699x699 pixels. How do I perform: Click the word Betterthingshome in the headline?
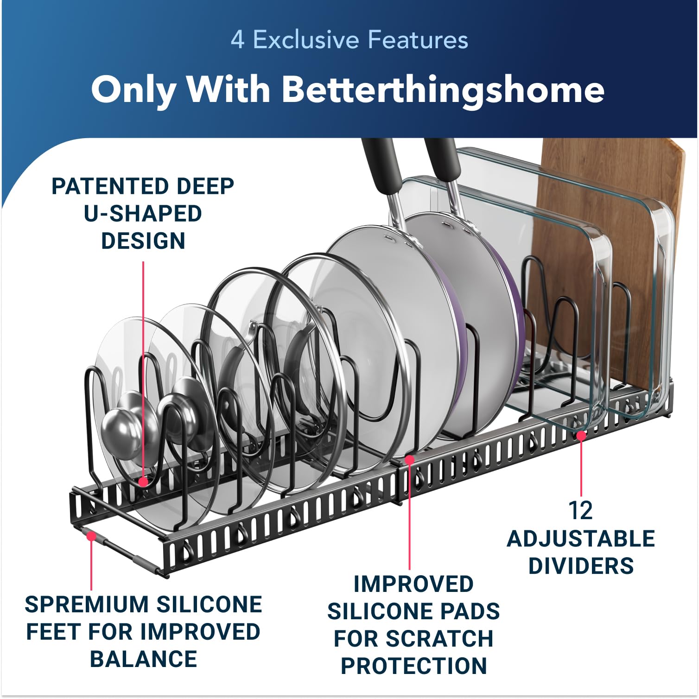pyautogui.click(x=443, y=89)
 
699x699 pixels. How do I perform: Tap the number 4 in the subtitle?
pyautogui.click(x=237, y=39)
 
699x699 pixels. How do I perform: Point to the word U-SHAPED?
pyautogui.click(x=143, y=214)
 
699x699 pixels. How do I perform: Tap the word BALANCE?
pyautogui.click(x=143, y=659)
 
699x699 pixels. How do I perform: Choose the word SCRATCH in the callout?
pyautogui.click(x=440, y=639)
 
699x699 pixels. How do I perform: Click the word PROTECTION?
pyautogui.click(x=413, y=666)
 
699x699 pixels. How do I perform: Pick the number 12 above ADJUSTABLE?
pyautogui.click(x=580, y=511)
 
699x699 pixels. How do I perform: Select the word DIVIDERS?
pyautogui.click(x=581, y=566)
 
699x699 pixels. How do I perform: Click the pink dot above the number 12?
pyautogui.click(x=581, y=435)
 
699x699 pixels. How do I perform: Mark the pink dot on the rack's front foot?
pyautogui.click(x=92, y=536)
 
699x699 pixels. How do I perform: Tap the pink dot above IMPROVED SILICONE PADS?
pyautogui.click(x=409, y=459)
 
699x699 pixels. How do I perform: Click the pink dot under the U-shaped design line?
pyautogui.click(x=143, y=482)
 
